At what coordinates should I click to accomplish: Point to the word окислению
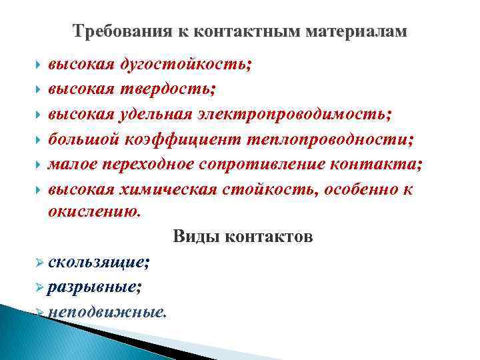point(94,213)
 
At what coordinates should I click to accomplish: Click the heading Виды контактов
point(242,237)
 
